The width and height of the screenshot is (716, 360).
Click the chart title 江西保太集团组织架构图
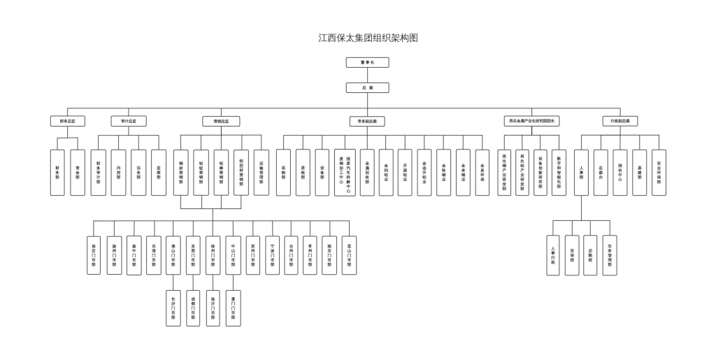pyautogui.click(x=368, y=38)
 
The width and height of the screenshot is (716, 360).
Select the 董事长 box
pyautogui.click(x=367, y=62)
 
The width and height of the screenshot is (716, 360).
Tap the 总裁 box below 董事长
pyautogui.click(x=367, y=88)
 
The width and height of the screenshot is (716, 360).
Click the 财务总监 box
pyautogui.click(x=67, y=121)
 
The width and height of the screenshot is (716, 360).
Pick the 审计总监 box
pyautogui.click(x=129, y=121)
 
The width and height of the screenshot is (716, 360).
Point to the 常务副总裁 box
pyautogui.click(x=367, y=121)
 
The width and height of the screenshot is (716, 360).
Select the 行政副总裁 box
pyautogui.click(x=620, y=121)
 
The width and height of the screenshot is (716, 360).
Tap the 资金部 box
pyautogui.click(x=78, y=172)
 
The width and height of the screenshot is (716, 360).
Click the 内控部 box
pyautogui.click(x=119, y=172)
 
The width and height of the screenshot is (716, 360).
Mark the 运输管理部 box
pyautogui.click(x=262, y=172)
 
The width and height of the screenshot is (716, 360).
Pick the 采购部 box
pyautogui.click(x=283, y=172)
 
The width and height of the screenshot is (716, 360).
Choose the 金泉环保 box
pyautogui.click(x=482, y=172)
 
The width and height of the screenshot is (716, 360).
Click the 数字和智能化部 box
pyautogui.click(x=558, y=172)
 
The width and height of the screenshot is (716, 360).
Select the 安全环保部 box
pyautogui.click(x=659, y=172)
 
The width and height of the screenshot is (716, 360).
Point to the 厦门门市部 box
pyautogui.click(x=232, y=308)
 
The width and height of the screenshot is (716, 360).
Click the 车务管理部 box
pyautogui.click(x=610, y=255)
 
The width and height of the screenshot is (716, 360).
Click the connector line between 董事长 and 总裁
pyautogui.click(x=367, y=75)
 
